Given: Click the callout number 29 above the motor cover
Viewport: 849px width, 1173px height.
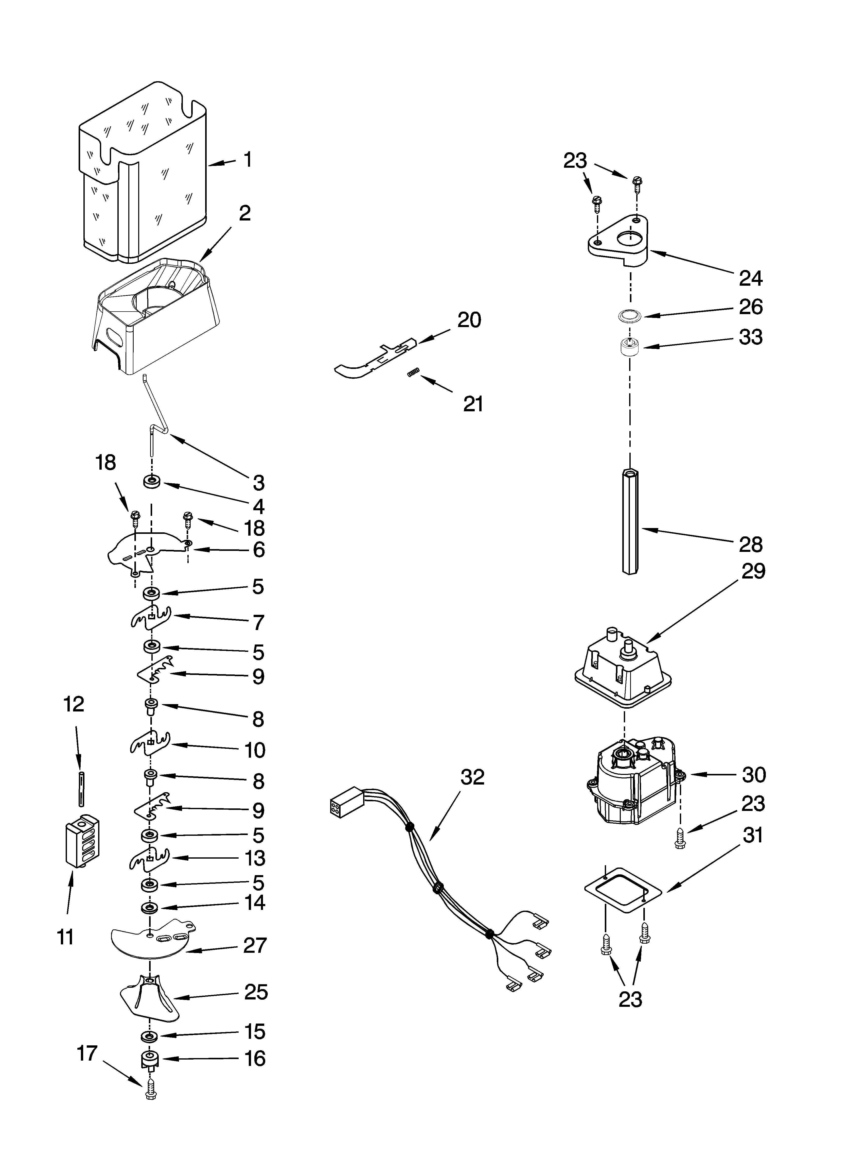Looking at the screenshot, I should click(x=753, y=571).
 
